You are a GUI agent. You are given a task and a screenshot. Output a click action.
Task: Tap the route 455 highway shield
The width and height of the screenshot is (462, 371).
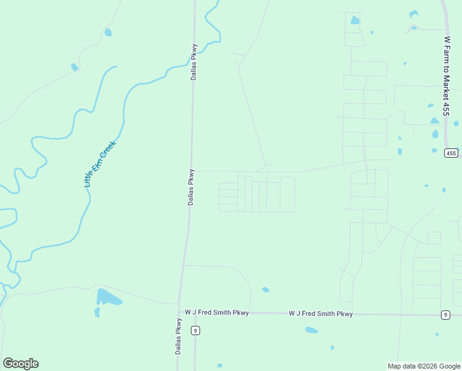[x=451, y=153]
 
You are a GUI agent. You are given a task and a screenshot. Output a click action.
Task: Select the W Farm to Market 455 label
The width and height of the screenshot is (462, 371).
[x=447, y=76]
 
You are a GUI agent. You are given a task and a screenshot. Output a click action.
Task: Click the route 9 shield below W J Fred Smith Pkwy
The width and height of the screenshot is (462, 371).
[x=195, y=331]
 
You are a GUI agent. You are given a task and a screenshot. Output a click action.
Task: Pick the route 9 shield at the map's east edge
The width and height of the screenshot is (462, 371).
[x=445, y=315]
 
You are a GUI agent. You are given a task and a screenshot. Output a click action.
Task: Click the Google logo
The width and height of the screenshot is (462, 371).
[x=20, y=364]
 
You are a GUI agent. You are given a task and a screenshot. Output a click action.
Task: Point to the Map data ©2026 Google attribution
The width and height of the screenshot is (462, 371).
[x=424, y=366]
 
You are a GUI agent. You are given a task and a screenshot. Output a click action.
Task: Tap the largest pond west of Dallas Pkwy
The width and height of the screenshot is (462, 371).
[x=109, y=297]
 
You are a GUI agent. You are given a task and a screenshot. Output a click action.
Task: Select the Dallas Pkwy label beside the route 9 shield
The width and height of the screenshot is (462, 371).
[x=178, y=336]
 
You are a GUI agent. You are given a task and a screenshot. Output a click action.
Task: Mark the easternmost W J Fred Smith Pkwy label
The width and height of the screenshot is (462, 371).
[x=321, y=314]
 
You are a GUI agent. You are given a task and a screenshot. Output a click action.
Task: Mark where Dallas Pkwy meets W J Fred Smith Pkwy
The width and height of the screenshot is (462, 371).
[x=180, y=313]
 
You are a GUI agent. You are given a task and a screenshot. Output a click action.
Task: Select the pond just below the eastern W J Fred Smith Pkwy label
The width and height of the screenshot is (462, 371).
[x=312, y=330]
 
